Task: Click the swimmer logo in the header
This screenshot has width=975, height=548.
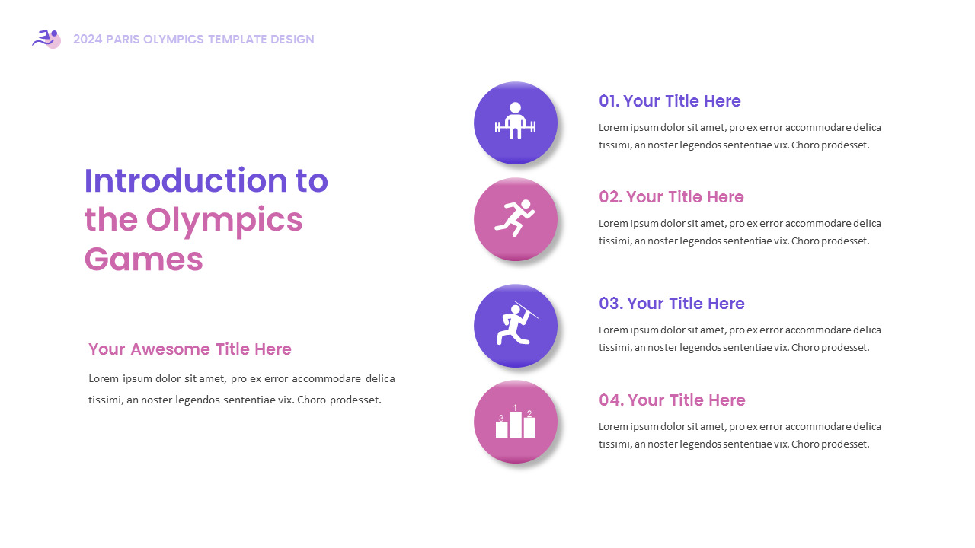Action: coord(46,39)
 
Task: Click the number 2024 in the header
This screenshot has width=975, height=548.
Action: coord(88,39)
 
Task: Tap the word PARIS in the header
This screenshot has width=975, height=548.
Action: coord(123,39)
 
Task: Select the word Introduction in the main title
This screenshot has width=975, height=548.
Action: coord(185,180)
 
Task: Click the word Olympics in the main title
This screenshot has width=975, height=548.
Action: coord(224,221)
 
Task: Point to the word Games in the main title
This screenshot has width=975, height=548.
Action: coord(144,260)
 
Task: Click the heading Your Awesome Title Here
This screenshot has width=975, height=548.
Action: coord(190,349)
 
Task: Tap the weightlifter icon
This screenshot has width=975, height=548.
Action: coord(516,121)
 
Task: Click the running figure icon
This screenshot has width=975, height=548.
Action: coord(514,218)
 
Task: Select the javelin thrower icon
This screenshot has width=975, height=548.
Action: coord(517,323)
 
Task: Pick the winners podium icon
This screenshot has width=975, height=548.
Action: coord(516,421)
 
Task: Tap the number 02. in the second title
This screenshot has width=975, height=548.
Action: coord(611,197)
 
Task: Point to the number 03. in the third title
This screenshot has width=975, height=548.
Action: coord(611,304)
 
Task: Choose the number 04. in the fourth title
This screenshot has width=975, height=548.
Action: coord(612,400)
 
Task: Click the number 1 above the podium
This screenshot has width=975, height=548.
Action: coord(515,407)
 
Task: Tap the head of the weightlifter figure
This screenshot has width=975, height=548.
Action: coord(516,108)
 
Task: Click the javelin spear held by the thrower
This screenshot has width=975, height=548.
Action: coord(526,310)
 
